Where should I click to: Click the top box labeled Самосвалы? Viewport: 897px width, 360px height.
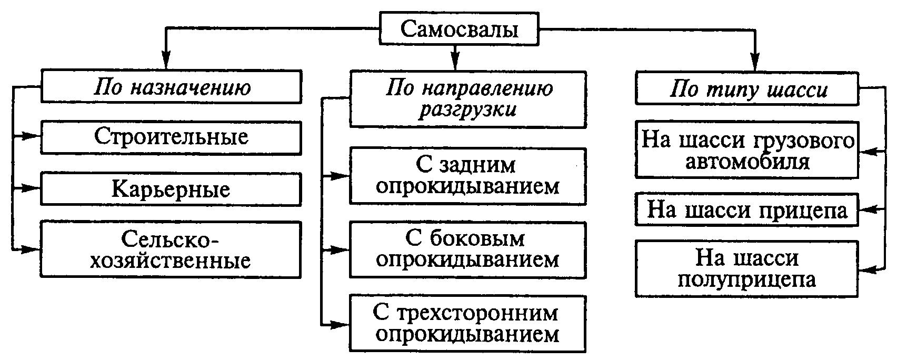(x=459, y=29)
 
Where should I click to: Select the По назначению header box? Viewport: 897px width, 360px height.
(x=172, y=87)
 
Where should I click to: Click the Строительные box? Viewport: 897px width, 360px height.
(x=172, y=137)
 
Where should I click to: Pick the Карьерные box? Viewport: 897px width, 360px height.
(x=172, y=189)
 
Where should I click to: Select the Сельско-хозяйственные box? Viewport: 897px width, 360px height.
(x=172, y=249)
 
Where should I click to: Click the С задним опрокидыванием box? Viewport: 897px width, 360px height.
(x=467, y=176)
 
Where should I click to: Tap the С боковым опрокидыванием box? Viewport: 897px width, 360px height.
(x=467, y=249)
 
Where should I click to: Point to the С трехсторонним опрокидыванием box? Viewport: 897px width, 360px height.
(x=467, y=324)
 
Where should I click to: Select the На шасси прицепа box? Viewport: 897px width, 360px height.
(x=747, y=210)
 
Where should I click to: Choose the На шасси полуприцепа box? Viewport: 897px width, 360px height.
(x=747, y=268)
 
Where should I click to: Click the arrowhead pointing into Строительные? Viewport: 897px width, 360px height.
(x=33, y=136)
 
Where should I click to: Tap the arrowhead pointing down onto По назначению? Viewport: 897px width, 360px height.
(x=166, y=61)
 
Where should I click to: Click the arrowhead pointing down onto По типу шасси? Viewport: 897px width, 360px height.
(x=756, y=62)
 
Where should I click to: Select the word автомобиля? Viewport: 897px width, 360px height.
(x=747, y=162)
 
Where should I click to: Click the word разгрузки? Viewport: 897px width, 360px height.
(x=467, y=110)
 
